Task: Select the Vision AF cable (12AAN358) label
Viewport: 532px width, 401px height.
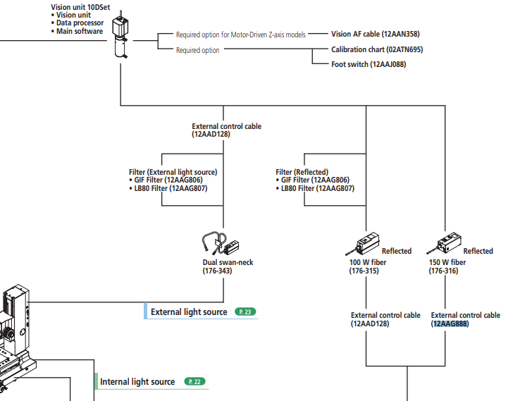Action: (379, 34)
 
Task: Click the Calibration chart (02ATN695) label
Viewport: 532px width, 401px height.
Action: (377, 50)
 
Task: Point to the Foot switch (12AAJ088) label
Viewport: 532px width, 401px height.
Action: (369, 65)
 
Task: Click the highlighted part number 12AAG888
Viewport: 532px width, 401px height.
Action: (450, 324)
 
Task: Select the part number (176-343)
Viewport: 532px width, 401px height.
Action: (218, 271)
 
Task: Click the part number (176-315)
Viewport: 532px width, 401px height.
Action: (364, 271)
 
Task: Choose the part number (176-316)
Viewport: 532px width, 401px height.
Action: (443, 271)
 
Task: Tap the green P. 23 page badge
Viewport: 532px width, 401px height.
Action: (246, 311)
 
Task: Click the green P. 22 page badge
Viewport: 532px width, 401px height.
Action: (194, 381)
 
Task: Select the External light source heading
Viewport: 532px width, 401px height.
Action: (189, 311)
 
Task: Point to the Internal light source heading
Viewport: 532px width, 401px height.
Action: (137, 382)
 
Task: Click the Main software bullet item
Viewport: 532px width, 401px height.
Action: (79, 31)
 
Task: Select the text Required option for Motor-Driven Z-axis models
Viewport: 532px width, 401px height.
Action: (241, 34)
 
